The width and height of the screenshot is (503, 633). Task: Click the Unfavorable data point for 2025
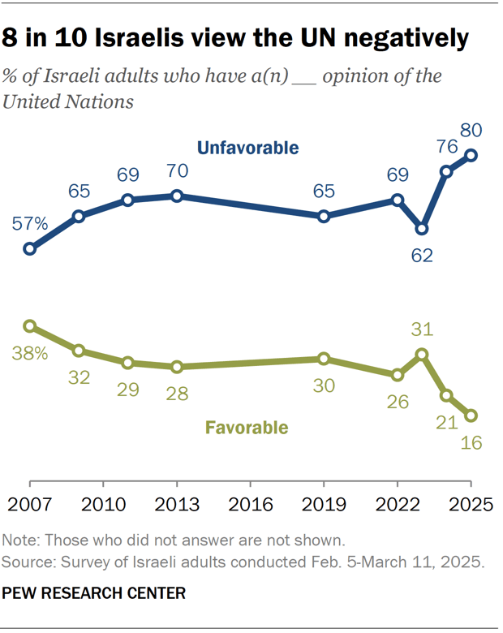pyautogui.click(x=471, y=155)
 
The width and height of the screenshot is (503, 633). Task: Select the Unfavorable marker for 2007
pyautogui.click(x=30, y=249)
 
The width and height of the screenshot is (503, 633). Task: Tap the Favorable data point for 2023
pyautogui.click(x=422, y=354)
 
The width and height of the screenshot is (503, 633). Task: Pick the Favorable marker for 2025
pyautogui.click(x=471, y=416)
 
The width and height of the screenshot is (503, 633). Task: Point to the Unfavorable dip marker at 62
pyautogui.click(x=422, y=229)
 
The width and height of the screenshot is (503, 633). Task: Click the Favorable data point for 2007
pyautogui.click(x=30, y=326)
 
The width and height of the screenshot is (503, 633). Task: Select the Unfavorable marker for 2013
pyautogui.click(x=178, y=196)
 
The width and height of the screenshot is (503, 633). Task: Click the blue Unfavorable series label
pyautogui.click(x=247, y=148)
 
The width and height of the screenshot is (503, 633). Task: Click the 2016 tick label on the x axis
pyautogui.click(x=251, y=503)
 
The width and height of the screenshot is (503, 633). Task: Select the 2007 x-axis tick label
pyautogui.click(x=30, y=503)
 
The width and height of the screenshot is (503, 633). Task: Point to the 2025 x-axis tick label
pyautogui.click(x=471, y=503)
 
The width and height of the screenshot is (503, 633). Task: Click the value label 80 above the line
pyautogui.click(x=471, y=131)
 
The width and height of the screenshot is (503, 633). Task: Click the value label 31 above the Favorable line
pyautogui.click(x=422, y=329)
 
